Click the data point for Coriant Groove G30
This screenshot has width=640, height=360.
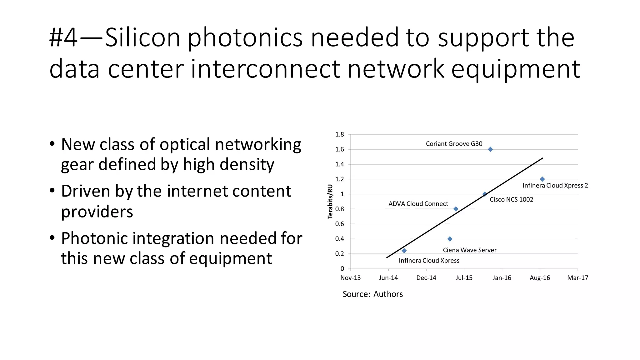[x=490, y=149]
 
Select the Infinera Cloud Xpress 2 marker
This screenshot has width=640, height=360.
[x=542, y=179]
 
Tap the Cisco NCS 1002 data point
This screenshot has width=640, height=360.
[x=484, y=194]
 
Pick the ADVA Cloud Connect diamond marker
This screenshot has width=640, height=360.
[x=456, y=209]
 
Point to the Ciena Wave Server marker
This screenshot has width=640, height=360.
[x=450, y=239]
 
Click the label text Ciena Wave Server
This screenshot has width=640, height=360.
[x=469, y=250]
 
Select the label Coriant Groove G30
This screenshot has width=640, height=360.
[x=454, y=144]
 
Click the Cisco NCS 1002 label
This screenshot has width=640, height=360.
[x=511, y=199]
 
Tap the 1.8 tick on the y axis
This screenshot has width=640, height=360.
[x=339, y=134]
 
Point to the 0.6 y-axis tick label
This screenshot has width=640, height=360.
[x=339, y=224]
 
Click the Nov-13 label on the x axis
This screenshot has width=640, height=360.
[x=350, y=278]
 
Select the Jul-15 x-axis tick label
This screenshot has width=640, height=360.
[x=464, y=278]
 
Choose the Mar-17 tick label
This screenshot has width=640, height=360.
[x=577, y=278]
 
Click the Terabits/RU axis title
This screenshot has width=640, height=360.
[x=330, y=202]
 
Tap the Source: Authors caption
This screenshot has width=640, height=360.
[x=372, y=294]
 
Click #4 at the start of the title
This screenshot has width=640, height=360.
[x=63, y=37]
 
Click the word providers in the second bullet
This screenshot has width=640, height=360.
[x=97, y=212]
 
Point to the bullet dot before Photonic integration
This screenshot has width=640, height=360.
[x=52, y=238]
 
